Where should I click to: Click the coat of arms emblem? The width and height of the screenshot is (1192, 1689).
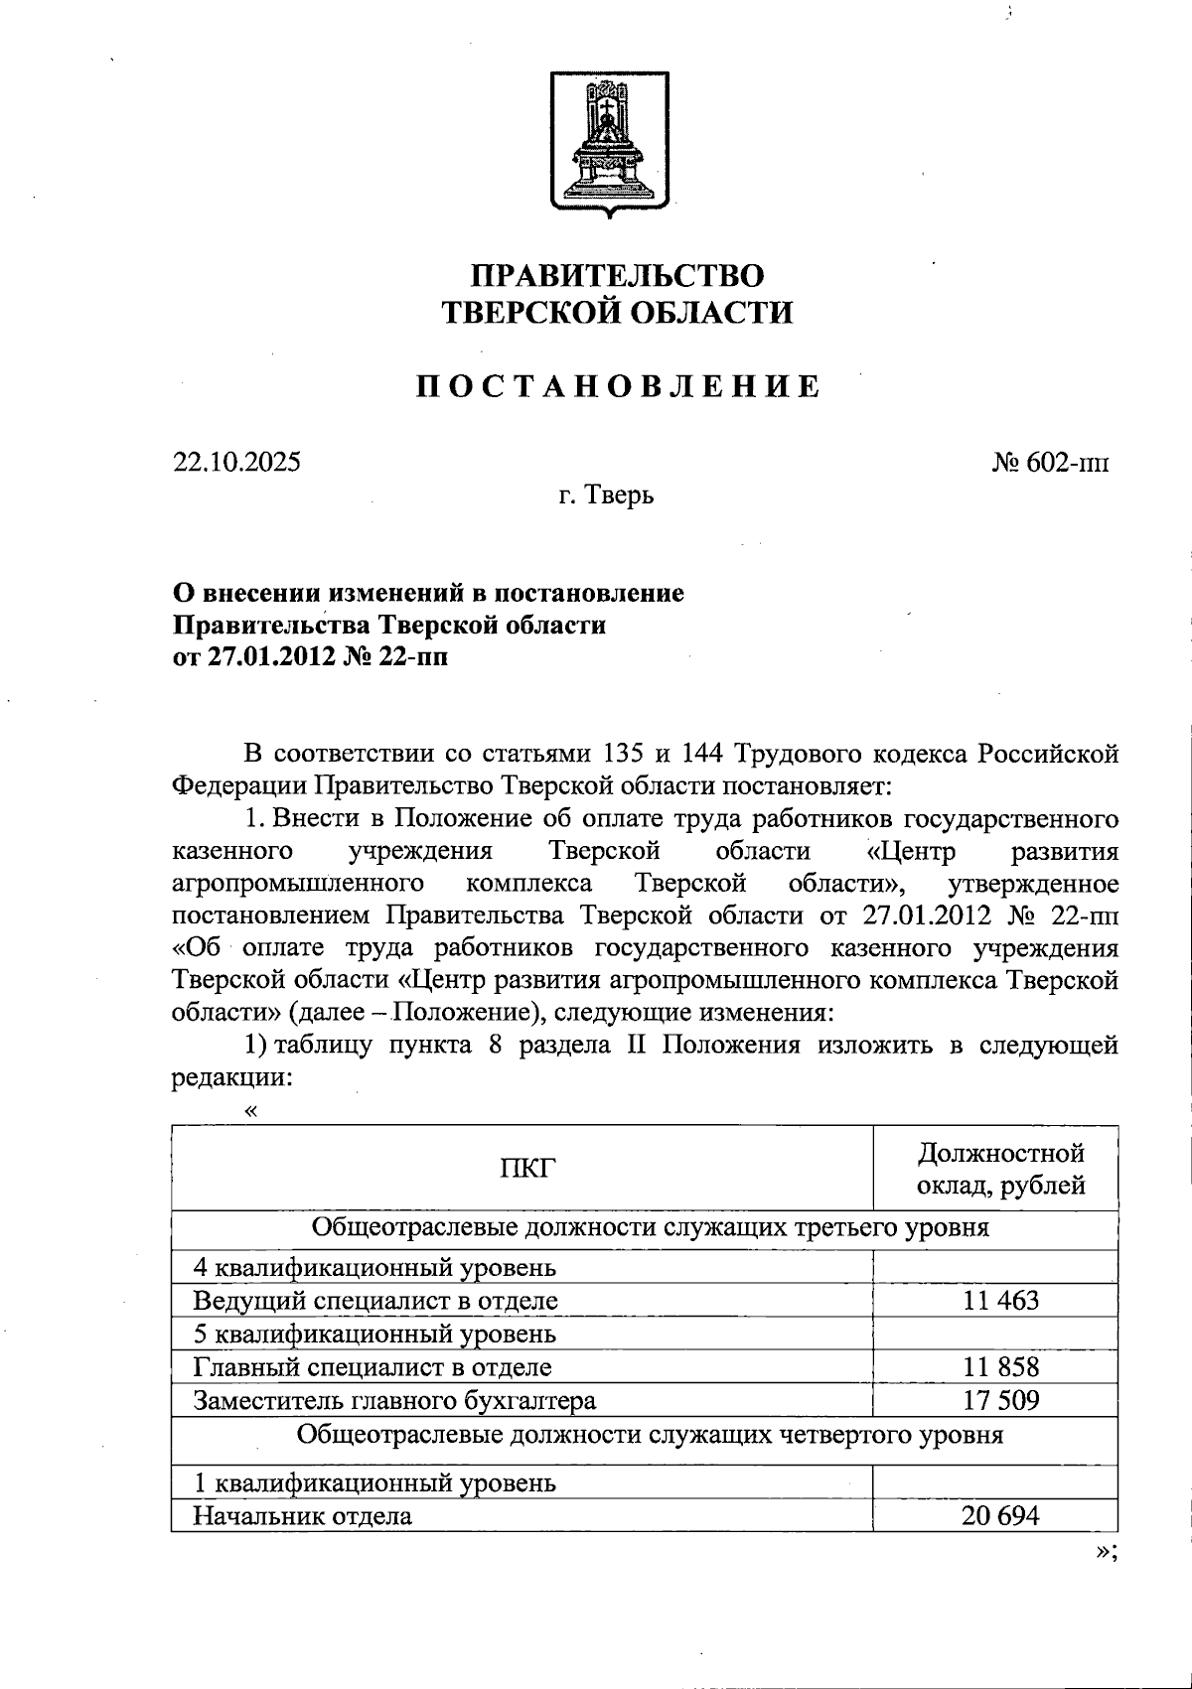coord(609,143)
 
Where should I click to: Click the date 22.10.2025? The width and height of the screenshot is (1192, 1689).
coord(236,462)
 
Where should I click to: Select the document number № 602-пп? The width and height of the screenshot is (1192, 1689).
coord(1050,463)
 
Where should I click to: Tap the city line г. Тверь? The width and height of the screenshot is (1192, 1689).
coord(605,494)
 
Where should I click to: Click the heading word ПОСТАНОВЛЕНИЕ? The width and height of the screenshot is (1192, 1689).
coord(617,385)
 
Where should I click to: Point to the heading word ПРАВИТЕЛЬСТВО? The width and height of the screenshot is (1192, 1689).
coord(617,275)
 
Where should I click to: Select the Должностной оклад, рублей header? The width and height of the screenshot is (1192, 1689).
coord(999,1169)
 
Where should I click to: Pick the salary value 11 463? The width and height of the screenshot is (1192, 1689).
coord(1000,1300)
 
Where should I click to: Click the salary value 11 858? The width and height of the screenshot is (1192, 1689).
coord(1000,1366)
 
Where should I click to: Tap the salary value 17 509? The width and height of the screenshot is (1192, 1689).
coord(1000,1400)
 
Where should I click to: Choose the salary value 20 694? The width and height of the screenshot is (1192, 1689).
coord(1000,1515)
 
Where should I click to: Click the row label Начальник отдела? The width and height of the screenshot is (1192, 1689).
coord(302,1516)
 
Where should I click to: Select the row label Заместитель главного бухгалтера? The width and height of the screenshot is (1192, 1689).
coord(394,1401)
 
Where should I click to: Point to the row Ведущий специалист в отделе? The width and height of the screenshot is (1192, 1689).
coord(375,1301)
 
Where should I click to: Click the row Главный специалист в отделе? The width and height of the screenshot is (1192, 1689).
coord(372,1367)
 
